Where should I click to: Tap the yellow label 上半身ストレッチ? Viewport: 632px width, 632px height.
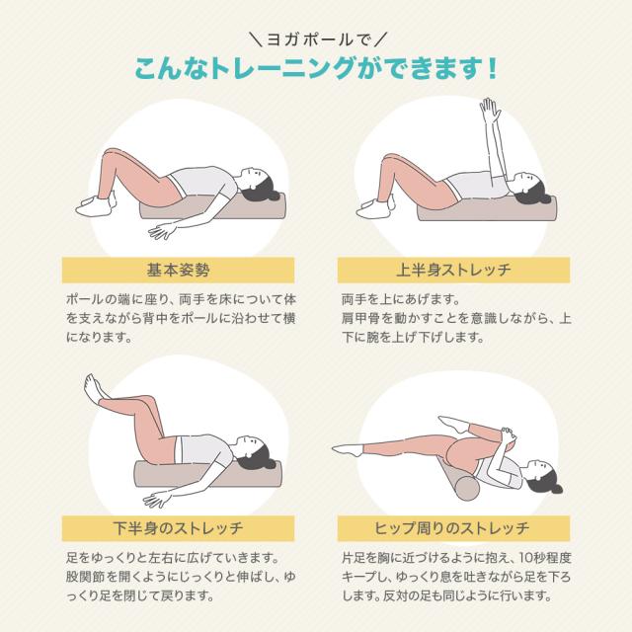click(x=454, y=269)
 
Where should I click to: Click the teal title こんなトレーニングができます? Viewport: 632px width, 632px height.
click(x=316, y=70)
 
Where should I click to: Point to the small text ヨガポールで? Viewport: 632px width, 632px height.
click(x=316, y=40)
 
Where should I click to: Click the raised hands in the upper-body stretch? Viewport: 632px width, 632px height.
click(x=486, y=108)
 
